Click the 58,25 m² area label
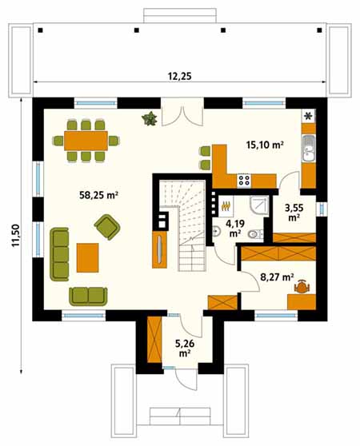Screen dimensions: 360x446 pyautogui.click(x=98, y=195)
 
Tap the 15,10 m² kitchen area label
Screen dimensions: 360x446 pyautogui.click(x=265, y=145)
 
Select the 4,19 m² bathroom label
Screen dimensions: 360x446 pyautogui.click(x=234, y=229)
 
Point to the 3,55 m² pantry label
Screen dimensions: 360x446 pyautogui.click(x=294, y=213)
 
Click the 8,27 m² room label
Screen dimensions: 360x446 pyautogui.click(x=277, y=277)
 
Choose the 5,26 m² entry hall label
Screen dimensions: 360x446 pyautogui.click(x=185, y=348)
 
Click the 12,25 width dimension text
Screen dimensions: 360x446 pyautogui.click(x=179, y=76)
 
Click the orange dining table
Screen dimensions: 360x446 pyautogui.click(x=86, y=141)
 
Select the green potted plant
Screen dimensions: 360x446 pyautogui.click(x=150, y=118)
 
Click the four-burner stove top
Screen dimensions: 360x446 pyautogui.click(x=244, y=181)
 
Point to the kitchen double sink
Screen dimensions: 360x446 pyautogui.click(x=309, y=149)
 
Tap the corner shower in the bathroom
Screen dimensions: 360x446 pyautogui.click(x=259, y=205)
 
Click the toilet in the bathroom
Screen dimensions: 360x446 pyautogui.click(x=255, y=234)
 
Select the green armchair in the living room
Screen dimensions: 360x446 pyautogui.click(x=107, y=227)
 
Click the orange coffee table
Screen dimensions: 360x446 pyautogui.click(x=88, y=257)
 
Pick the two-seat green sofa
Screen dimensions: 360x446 pyautogui.click(x=88, y=297)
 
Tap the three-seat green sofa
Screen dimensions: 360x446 pyautogui.click(x=59, y=254)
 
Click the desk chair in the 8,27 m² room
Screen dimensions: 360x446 pyautogui.click(x=302, y=287)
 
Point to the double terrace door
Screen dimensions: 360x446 pyautogui.click(x=182, y=113)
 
